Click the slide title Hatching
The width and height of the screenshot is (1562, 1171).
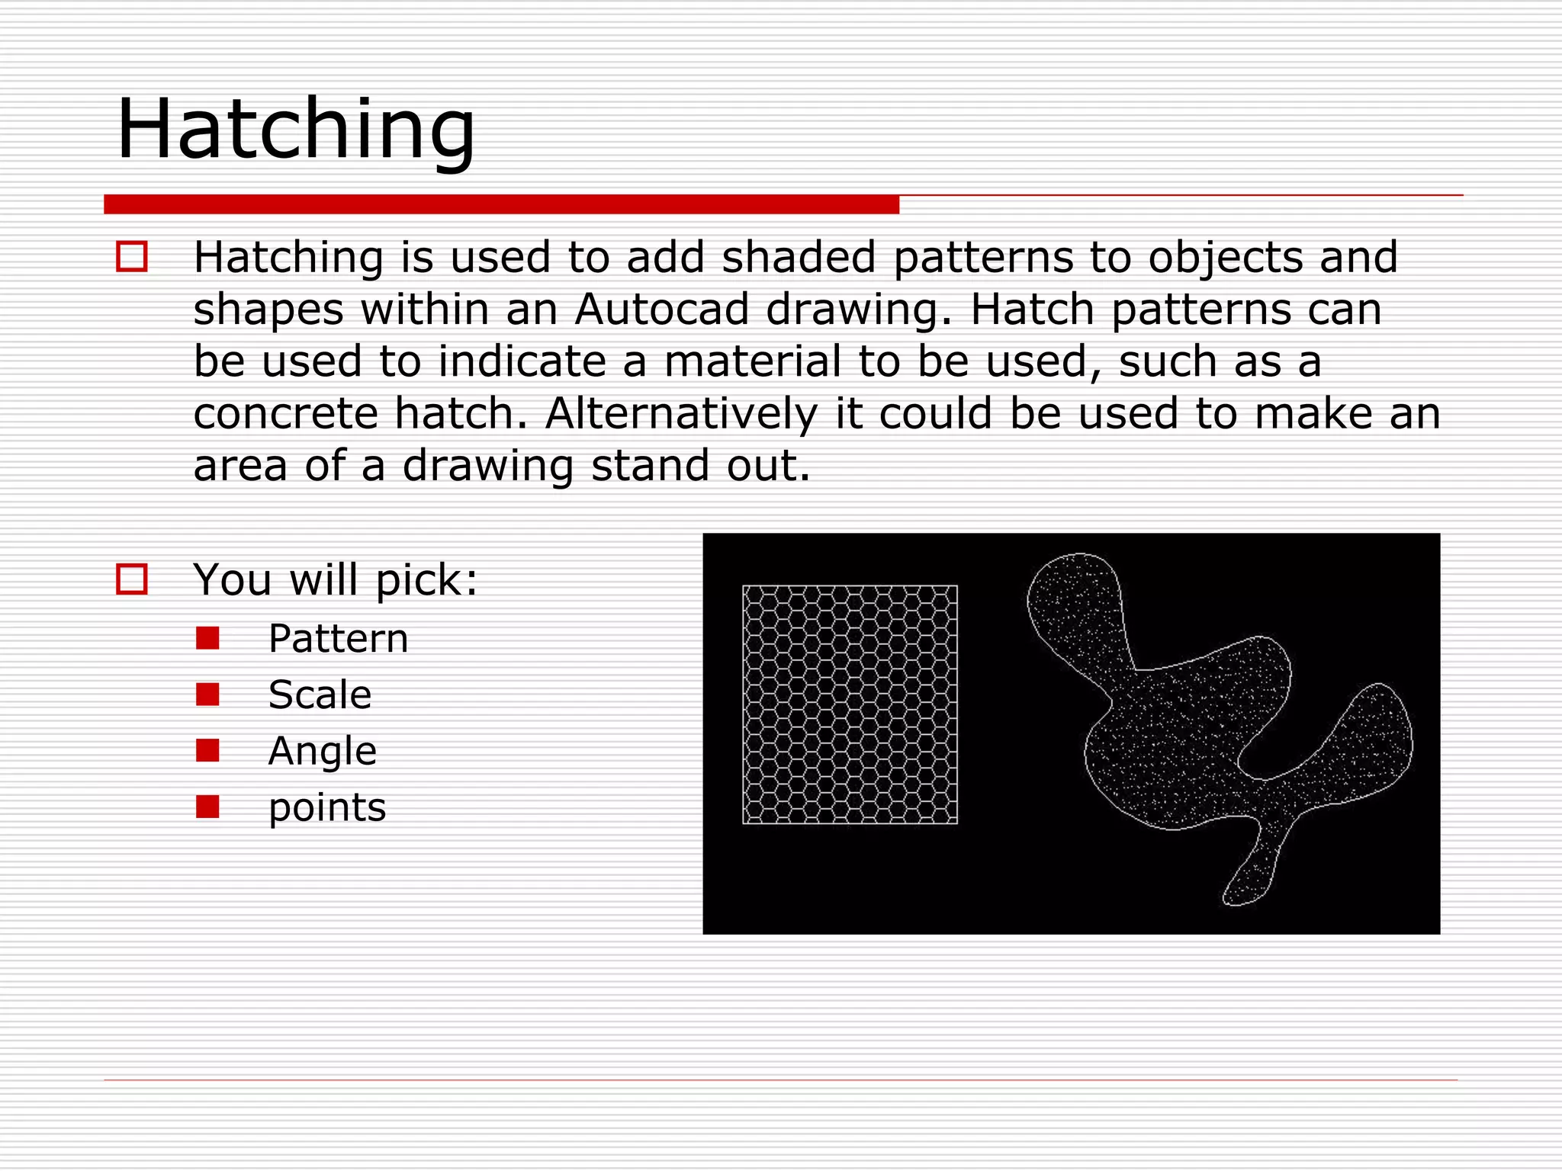[x=296, y=130]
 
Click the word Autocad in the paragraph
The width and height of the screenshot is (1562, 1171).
[x=661, y=310]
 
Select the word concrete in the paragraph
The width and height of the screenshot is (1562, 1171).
[x=285, y=414]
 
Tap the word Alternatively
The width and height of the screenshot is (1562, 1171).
[x=681, y=414]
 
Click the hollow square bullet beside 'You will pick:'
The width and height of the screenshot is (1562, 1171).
[x=132, y=579]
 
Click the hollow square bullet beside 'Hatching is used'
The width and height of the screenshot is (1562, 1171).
[x=132, y=257]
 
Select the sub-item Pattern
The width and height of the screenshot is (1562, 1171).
[x=338, y=639]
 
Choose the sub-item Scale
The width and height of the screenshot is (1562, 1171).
[x=320, y=695]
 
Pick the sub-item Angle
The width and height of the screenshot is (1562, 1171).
[x=322, y=752]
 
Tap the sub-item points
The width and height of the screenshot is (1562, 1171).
[x=327, y=808]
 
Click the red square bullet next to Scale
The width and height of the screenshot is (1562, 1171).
[x=207, y=695]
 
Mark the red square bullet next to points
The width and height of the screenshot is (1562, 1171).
[x=207, y=807]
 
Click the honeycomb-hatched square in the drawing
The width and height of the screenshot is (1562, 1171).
[x=850, y=704]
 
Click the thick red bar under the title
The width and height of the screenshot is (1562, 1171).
[x=501, y=204]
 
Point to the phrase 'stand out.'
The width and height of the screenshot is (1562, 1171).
[x=700, y=466]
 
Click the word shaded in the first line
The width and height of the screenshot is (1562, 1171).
[x=799, y=257]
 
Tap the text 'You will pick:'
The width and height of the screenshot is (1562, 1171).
[x=335, y=580]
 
